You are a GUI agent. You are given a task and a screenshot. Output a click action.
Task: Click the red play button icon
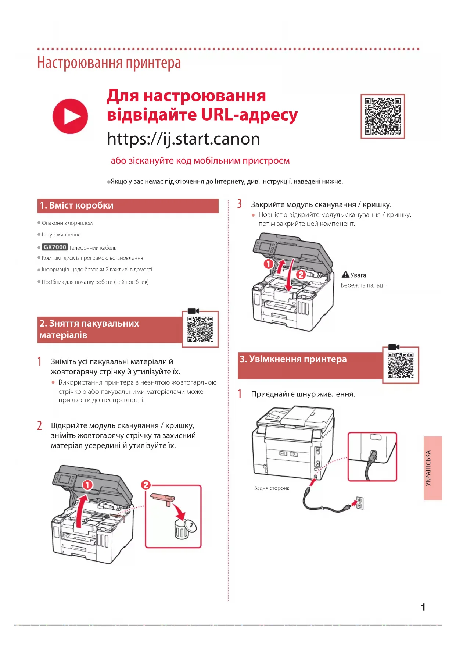(70, 116)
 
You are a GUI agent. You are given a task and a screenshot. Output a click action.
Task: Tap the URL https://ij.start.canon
(183, 139)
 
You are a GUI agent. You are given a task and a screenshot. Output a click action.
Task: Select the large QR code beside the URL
(383, 116)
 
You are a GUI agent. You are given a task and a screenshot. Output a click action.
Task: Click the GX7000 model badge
(54, 247)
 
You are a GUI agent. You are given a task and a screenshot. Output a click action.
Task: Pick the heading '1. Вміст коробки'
(77, 206)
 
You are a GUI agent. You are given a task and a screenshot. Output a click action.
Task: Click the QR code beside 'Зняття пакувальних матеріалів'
(200, 329)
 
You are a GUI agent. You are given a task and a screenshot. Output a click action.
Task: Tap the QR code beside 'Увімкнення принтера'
(401, 365)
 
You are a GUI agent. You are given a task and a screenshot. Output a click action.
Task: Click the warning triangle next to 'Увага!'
(345, 275)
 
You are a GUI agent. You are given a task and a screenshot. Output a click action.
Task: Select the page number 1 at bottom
(423, 607)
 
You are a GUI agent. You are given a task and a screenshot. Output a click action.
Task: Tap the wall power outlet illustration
(360, 503)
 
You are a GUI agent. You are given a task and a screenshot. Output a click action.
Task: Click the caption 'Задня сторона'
(272, 488)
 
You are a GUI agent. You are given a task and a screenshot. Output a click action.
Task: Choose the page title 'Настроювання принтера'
(109, 63)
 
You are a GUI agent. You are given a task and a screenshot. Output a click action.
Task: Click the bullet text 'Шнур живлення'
(61, 235)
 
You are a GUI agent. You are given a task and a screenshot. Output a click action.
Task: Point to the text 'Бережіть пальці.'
(363, 285)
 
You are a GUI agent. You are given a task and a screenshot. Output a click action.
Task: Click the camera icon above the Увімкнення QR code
(394, 347)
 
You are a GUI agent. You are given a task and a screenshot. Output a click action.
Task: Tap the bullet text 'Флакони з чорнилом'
(67, 223)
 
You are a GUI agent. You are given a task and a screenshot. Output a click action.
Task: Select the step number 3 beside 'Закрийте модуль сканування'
(240, 204)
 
